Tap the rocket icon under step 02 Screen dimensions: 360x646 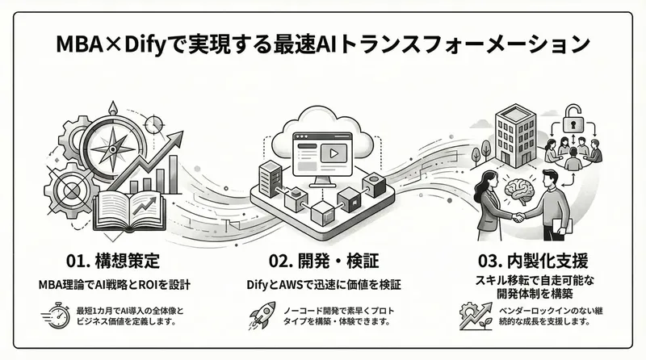point(264,313)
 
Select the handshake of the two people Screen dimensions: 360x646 point(514,218)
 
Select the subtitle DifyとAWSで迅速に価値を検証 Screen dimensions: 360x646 point(323,284)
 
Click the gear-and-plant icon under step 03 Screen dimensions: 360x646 point(472,315)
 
